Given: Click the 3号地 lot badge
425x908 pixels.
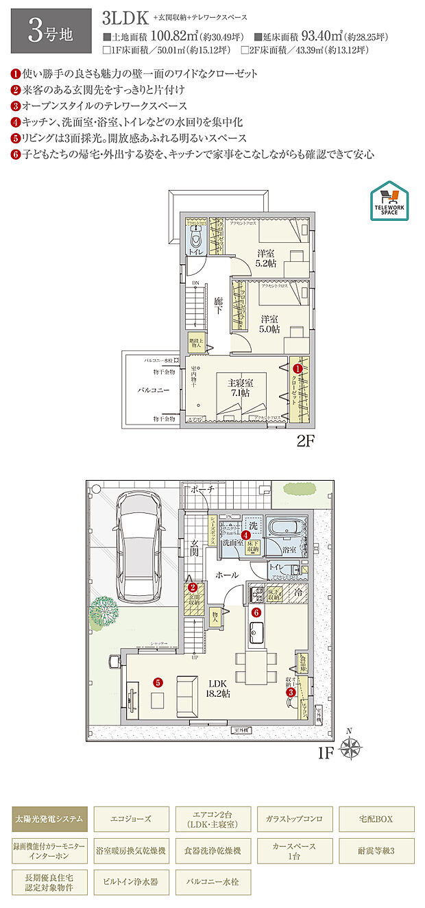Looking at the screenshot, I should click(x=51, y=31).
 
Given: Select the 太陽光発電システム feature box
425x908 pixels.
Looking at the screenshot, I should click(x=49, y=819).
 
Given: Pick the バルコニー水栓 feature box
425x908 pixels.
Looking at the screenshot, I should click(x=212, y=882).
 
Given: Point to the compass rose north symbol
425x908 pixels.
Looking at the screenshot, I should click(x=352, y=748).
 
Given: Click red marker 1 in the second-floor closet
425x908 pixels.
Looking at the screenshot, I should click(x=297, y=369).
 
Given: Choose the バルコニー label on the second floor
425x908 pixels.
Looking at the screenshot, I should click(x=149, y=389).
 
